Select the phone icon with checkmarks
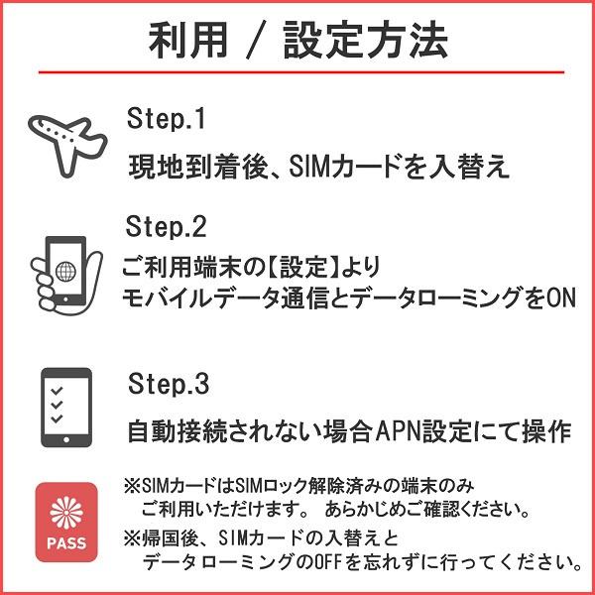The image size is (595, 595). (66, 408)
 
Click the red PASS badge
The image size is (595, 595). (66, 522)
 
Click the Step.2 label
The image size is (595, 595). (167, 227)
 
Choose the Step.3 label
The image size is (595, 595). (169, 384)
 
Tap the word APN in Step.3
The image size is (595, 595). (400, 432)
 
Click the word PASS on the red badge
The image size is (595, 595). (66, 543)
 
